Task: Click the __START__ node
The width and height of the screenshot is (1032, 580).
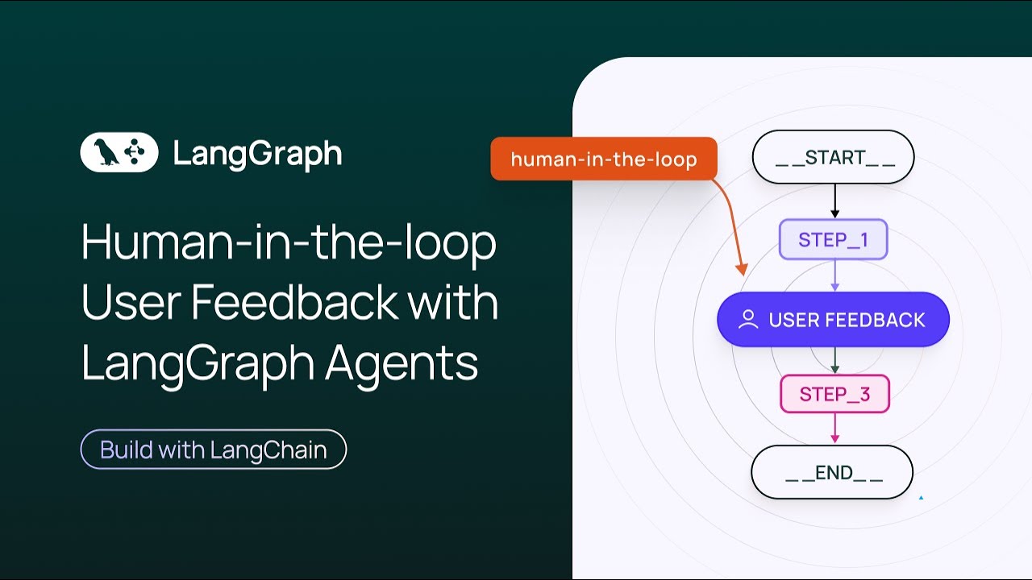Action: click(x=833, y=157)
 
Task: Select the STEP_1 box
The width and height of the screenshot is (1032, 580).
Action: click(x=833, y=239)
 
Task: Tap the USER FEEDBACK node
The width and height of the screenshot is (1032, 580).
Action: click(x=833, y=320)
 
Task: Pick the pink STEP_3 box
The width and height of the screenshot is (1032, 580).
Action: click(x=834, y=394)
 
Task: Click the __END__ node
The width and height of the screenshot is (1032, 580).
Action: click(x=832, y=472)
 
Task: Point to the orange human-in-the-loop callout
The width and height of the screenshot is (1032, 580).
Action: click(x=604, y=159)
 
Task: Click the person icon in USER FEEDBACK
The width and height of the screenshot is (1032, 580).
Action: click(x=748, y=320)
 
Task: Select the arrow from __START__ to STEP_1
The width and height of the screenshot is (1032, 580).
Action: click(x=834, y=201)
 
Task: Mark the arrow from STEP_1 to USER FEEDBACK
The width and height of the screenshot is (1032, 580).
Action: click(x=834, y=275)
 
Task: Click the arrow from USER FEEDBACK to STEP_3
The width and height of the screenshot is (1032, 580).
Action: click(x=834, y=360)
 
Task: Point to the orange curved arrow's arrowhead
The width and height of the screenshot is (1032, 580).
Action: click(x=743, y=271)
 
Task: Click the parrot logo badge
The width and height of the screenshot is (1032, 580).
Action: click(x=119, y=152)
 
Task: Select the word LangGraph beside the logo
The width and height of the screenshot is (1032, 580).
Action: click(x=257, y=153)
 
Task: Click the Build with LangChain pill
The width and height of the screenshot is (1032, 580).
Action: click(x=214, y=449)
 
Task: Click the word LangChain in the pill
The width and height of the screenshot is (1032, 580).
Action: click(x=269, y=449)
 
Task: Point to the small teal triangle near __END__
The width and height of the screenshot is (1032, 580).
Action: click(x=921, y=498)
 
